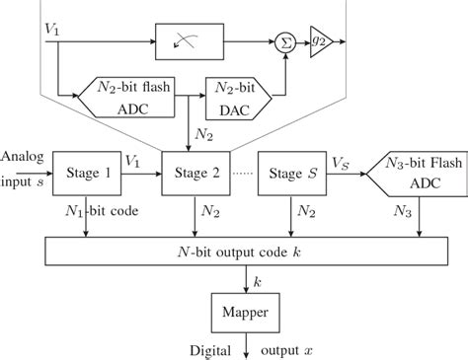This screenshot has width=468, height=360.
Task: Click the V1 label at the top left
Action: click(53, 30)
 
